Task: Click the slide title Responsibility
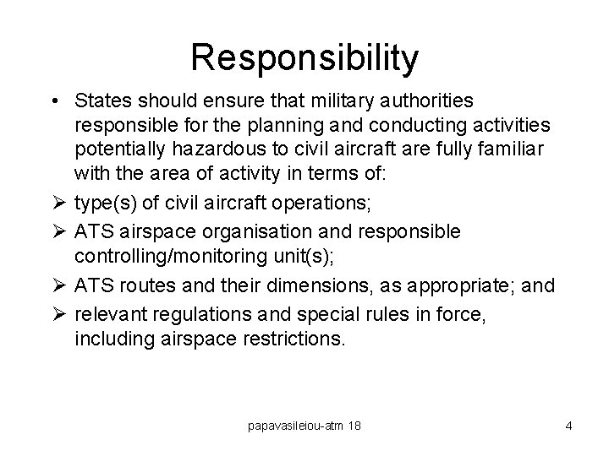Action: [304, 58]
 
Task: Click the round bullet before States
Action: [55, 102]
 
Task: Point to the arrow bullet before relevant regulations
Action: [57, 312]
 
